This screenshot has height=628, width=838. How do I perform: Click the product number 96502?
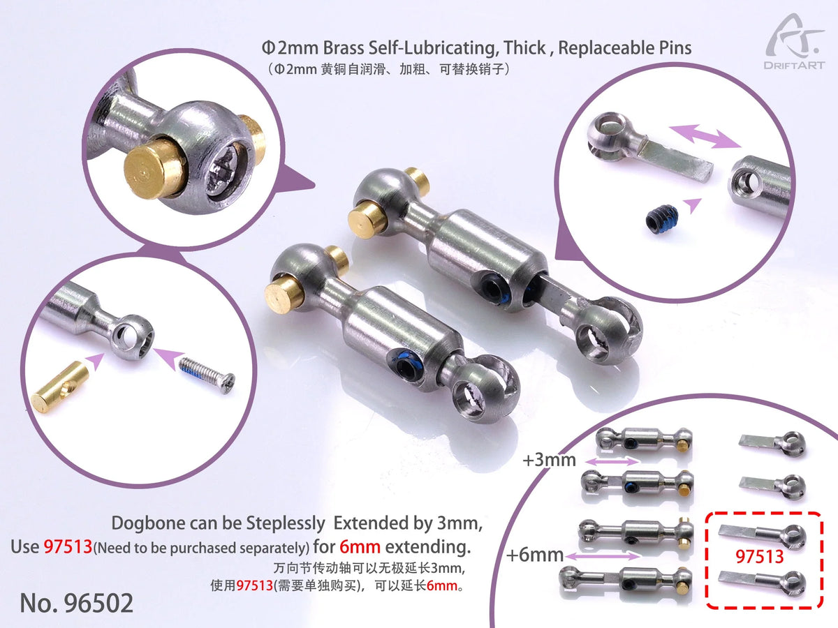(x=76, y=603)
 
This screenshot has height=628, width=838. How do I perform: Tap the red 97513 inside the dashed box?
(x=760, y=558)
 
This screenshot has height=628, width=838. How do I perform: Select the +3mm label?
(x=549, y=460)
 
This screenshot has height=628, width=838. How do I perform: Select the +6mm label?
(x=536, y=555)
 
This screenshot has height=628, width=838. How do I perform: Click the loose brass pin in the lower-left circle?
(x=59, y=389)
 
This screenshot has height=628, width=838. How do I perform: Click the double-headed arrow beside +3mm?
(x=612, y=461)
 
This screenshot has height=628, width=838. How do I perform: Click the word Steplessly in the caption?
(x=284, y=523)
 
